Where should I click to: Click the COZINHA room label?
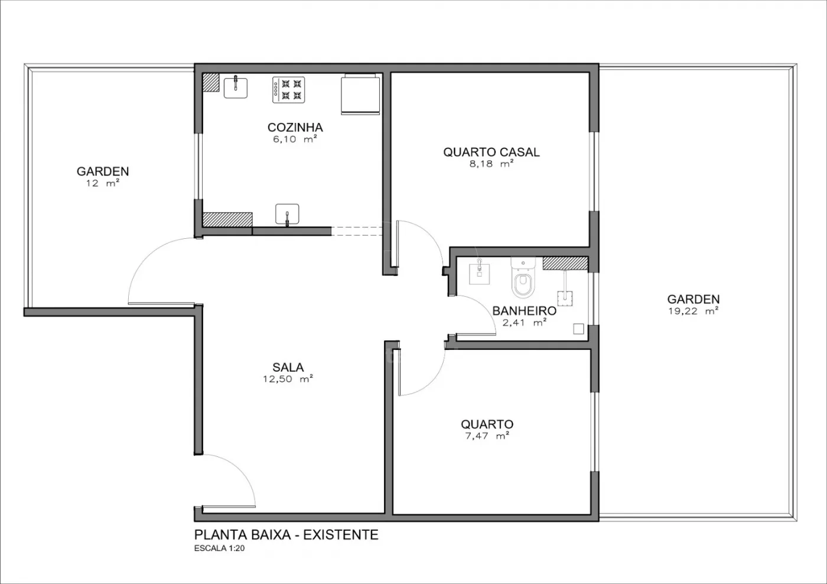click(295, 128)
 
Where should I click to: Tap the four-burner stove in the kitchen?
click(289, 90)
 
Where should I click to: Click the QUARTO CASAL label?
click(491, 152)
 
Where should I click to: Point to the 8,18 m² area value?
click(491, 164)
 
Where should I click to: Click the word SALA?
click(288, 367)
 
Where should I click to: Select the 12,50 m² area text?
click(288, 379)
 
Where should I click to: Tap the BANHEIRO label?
click(525, 311)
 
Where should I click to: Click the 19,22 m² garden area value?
click(693, 311)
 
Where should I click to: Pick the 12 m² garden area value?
click(103, 183)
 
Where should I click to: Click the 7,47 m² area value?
click(487, 436)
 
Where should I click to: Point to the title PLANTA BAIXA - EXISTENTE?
click(286, 535)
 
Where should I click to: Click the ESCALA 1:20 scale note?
click(219, 549)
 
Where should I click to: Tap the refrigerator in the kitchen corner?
click(360, 94)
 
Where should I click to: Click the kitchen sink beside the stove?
click(236, 87)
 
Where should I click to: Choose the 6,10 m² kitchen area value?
click(295, 139)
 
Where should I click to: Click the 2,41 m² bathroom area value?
click(525, 323)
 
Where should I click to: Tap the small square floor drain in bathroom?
click(578, 329)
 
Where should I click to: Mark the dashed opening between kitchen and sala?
click(357, 231)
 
